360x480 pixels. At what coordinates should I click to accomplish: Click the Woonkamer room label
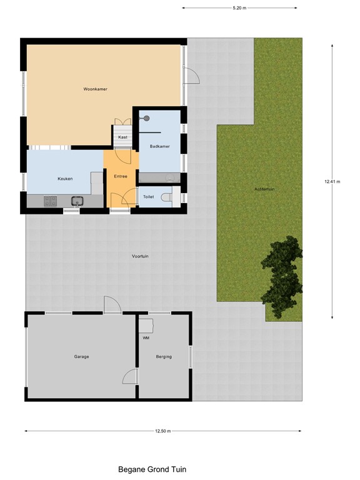pos(96,89)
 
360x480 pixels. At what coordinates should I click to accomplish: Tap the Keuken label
pos(65,179)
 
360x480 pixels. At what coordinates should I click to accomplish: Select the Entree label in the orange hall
pos(120,176)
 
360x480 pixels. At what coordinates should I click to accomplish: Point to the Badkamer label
pos(159,146)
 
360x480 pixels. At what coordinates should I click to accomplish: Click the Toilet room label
pos(148,197)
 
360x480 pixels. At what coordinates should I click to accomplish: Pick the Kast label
pos(122,137)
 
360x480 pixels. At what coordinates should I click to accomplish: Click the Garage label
pos(82,357)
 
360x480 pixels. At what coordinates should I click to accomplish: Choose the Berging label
pos(164,357)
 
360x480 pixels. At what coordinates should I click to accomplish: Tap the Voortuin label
pos(140,256)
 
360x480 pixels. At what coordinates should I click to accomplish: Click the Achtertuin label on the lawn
pos(265,189)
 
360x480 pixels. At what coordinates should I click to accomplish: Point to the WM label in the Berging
pos(146,338)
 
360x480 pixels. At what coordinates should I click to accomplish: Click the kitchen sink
pos(78,201)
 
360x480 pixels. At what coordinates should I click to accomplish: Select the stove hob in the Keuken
pos(50,201)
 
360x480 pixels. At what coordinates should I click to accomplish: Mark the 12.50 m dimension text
pos(163,431)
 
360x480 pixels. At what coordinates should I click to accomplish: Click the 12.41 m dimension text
pos(332,182)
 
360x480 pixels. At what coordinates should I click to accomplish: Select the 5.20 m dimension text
pos(239,8)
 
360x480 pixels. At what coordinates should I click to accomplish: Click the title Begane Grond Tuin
pos(152,469)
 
